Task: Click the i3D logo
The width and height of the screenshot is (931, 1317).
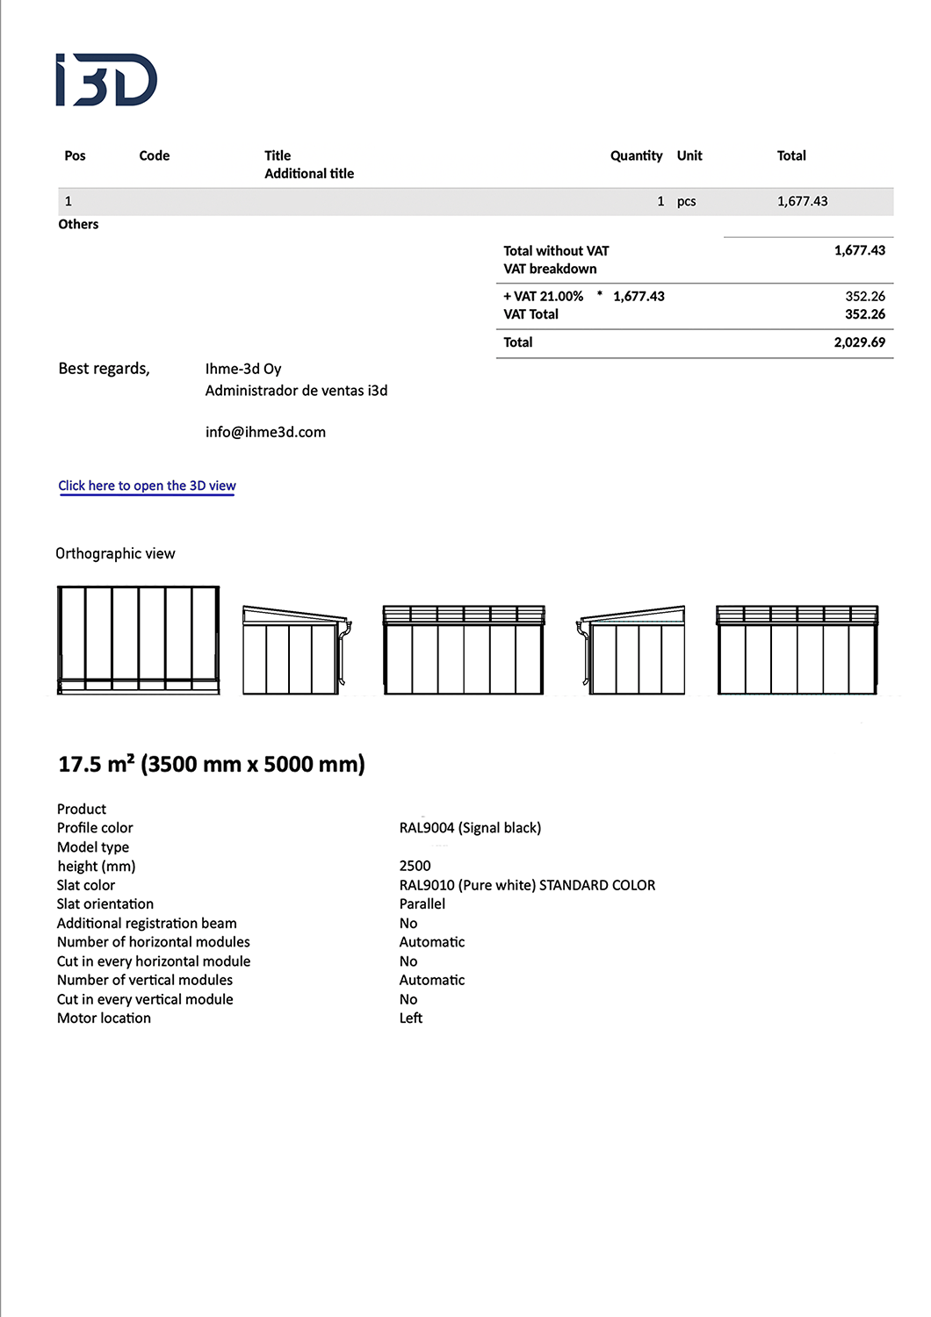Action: (106, 80)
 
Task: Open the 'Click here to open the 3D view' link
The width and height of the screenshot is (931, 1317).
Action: (147, 486)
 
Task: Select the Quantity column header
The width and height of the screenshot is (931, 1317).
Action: (636, 155)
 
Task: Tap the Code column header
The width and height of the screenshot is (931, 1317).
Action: (154, 155)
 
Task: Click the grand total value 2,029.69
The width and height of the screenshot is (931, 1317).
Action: (859, 342)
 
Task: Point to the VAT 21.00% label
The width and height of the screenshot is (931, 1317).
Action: (544, 297)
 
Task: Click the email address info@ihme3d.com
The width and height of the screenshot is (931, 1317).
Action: (265, 432)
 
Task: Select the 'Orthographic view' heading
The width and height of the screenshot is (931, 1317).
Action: (115, 553)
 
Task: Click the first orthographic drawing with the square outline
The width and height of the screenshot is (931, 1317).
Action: (138, 640)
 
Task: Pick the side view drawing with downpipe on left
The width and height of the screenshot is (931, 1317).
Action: (631, 650)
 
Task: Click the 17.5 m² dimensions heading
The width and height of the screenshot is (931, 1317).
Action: (212, 764)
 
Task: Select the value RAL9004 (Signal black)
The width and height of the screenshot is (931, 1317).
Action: (470, 828)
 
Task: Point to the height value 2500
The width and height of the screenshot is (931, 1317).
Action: (415, 866)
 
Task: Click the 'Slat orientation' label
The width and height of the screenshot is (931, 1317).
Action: (105, 904)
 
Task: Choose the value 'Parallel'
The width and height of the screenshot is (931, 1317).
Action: (422, 904)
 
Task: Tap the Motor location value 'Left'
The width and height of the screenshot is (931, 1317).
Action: (410, 1018)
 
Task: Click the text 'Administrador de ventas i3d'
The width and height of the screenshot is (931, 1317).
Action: (296, 391)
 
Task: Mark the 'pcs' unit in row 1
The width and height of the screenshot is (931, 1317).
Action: (686, 201)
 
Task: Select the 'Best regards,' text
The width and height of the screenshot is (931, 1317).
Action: (104, 369)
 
